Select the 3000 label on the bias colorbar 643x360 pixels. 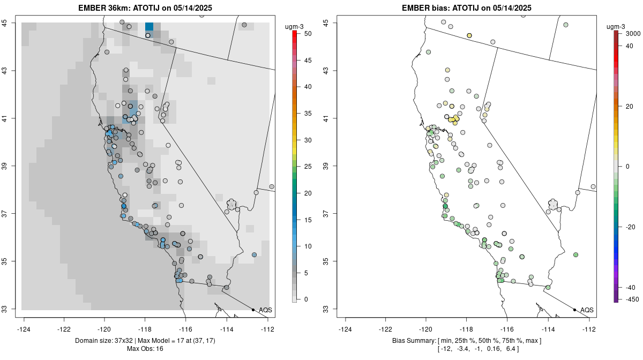(633, 34)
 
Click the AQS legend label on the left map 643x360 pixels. (265, 310)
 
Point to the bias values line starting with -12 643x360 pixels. (468, 349)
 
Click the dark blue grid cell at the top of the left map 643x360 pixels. (149, 26)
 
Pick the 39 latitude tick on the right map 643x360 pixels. (326, 166)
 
